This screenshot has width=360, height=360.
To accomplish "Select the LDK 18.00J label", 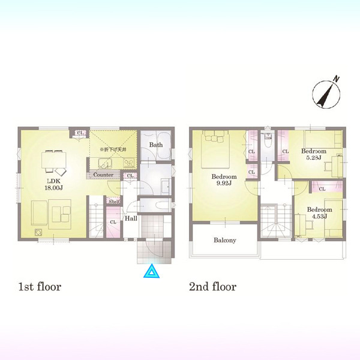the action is click(x=54, y=185).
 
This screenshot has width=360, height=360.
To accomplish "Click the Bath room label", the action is click(x=156, y=145).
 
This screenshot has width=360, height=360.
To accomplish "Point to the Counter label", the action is click(x=103, y=175).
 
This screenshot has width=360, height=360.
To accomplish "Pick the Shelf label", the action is click(x=114, y=202).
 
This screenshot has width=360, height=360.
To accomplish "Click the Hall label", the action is click(x=131, y=218).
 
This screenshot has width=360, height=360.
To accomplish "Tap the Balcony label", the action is click(x=225, y=240).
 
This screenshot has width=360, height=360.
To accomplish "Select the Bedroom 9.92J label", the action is click(x=224, y=180).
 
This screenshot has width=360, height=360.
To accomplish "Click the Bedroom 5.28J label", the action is click(x=314, y=154).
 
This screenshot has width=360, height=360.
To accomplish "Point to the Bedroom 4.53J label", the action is click(x=319, y=213).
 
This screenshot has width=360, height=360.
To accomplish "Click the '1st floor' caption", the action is click(x=40, y=287).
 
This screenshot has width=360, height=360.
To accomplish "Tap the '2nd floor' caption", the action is click(x=212, y=287).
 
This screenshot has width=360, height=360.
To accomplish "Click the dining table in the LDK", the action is click(x=54, y=160).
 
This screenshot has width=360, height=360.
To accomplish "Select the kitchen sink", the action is click(x=105, y=163).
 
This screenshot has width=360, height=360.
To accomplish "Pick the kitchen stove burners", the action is click(x=130, y=163).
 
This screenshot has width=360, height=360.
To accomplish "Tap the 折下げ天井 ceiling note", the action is click(x=113, y=149).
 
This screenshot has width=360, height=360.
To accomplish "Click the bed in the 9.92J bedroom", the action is click(x=215, y=149).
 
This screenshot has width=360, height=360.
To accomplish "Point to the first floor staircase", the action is click(x=96, y=217).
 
